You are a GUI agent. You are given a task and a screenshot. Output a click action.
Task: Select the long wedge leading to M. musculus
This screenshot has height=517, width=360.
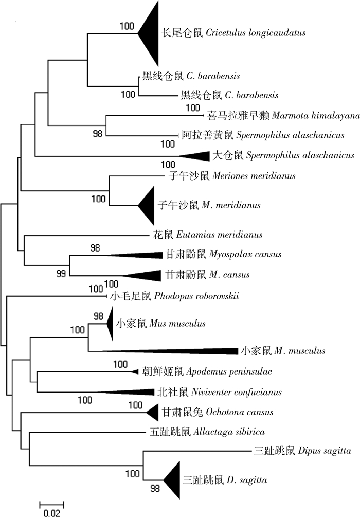pyautogui.click(x=195, y=351)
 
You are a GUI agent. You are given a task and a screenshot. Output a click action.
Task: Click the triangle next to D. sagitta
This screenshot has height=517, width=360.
pyautogui.click(x=173, y=480)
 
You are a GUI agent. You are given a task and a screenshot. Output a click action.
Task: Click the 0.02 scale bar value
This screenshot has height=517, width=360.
pyautogui.click(x=51, y=512)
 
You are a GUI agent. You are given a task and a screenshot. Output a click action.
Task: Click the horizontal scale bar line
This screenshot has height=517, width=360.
pyautogui.click(x=51, y=502)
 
